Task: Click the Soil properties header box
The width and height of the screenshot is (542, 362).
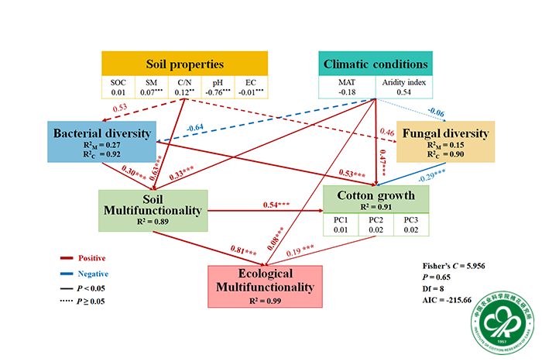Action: pyautogui.click(x=185, y=64)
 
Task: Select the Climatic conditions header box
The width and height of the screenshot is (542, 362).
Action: pyautogui.click(x=376, y=64)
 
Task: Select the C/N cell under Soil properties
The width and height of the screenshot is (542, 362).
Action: pyautogui.click(x=185, y=88)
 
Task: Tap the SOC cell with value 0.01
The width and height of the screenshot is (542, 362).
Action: pyautogui.click(x=118, y=88)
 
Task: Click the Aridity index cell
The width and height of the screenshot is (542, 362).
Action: pyautogui.click(x=404, y=88)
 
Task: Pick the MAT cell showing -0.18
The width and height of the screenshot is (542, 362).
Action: pyautogui.click(x=348, y=88)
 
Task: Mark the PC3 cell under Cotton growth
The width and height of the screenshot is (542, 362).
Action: pyautogui.click(x=410, y=226)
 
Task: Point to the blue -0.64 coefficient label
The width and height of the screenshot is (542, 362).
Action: pyautogui.click(x=194, y=127)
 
